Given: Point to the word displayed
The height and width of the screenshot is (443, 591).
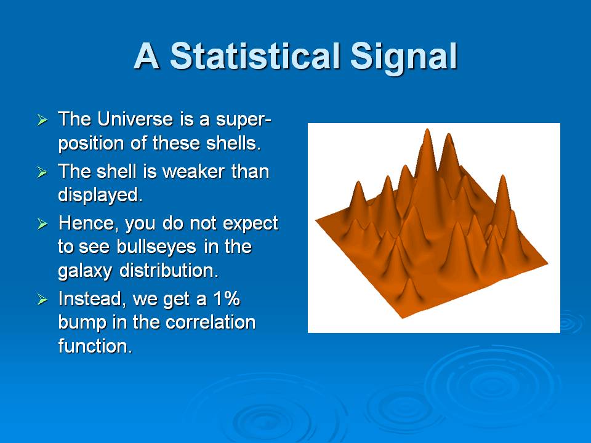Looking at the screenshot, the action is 100,196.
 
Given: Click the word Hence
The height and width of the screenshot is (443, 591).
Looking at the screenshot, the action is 89,223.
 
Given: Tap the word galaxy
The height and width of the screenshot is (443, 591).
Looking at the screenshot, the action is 85,271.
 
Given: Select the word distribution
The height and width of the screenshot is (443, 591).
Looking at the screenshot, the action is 169,271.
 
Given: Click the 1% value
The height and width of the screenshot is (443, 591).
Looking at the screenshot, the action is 227,299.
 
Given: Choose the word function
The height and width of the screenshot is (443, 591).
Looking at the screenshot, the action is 95,346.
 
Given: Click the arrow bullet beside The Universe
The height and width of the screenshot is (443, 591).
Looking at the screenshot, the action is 42,121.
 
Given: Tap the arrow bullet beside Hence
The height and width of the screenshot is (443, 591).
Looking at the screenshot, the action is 42,225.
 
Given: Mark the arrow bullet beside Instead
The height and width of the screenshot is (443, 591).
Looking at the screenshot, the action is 42,300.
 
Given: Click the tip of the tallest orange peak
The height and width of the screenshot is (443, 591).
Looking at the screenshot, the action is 427,129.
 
